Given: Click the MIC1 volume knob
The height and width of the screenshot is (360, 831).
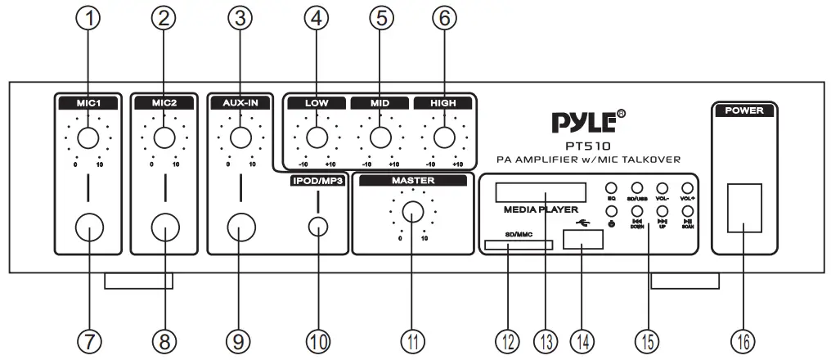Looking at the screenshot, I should pos(89,137).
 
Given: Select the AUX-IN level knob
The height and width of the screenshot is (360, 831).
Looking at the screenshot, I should pos(240,137).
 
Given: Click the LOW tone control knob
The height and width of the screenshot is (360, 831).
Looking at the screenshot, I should pos(317,137).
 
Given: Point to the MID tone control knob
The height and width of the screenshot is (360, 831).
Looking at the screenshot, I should pos(380,137).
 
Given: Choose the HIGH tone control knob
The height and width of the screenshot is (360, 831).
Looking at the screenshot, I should pos(443,137).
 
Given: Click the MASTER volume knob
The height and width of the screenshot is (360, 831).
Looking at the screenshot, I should pos(414,213).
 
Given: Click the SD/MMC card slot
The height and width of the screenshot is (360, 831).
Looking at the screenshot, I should pos(518,244).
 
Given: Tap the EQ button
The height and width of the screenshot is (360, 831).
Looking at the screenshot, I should pos(611,189).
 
